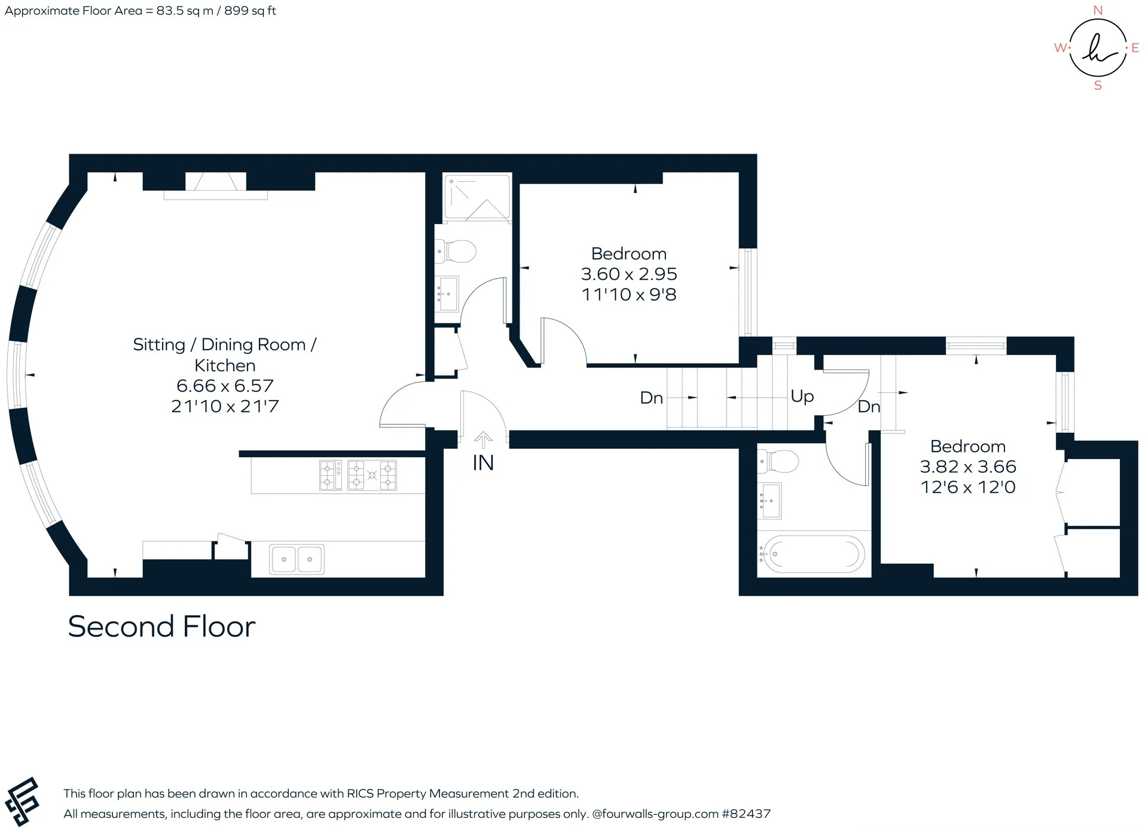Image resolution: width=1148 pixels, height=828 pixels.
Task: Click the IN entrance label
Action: click(x=483, y=463)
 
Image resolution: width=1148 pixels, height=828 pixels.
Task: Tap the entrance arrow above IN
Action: click(x=483, y=440)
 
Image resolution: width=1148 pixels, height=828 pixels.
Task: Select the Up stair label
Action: click(x=802, y=396)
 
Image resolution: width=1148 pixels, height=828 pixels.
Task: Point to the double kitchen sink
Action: click(x=297, y=559)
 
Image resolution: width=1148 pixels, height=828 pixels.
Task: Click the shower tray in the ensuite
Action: click(x=477, y=197)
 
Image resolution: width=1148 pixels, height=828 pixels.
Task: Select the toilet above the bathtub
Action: click(x=778, y=461)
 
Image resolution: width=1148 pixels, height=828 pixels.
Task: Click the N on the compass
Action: click(x=1098, y=10)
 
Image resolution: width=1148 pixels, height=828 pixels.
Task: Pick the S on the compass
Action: click(x=1098, y=85)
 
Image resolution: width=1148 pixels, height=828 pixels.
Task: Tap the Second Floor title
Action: click(x=161, y=627)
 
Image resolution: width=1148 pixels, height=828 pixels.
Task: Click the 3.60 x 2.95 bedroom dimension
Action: click(x=629, y=274)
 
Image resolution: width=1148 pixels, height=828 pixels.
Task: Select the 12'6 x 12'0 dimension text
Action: click(x=968, y=487)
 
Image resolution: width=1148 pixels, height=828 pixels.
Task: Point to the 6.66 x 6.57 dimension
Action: click(x=225, y=386)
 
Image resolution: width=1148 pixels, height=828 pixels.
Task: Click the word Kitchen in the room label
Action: click(x=225, y=365)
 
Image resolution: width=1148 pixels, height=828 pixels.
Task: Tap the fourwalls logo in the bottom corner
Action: click(x=22, y=802)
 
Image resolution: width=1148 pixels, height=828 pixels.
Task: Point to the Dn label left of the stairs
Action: click(x=651, y=398)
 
